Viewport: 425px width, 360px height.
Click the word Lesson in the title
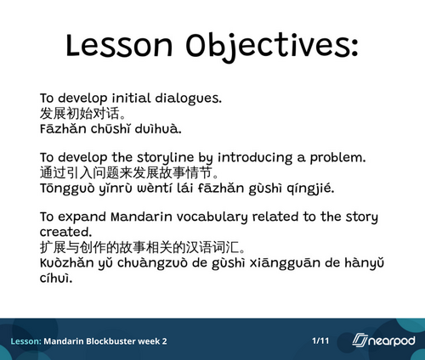[x=119, y=45]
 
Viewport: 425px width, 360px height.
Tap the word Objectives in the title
[x=272, y=47]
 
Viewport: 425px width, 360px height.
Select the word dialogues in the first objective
[x=188, y=98]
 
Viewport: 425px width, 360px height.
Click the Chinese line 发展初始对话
[x=82, y=114]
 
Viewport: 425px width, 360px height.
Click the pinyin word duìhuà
[x=158, y=129]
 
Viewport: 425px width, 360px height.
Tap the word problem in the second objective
[x=337, y=158]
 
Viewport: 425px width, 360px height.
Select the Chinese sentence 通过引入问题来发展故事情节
[x=129, y=172]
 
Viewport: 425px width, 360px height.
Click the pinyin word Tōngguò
[x=67, y=188]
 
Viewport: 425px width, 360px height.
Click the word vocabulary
[x=212, y=217]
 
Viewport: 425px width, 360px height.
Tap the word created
[x=65, y=232]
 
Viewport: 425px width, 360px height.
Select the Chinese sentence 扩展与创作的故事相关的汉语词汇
[x=142, y=247]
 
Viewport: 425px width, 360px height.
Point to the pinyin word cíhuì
[x=56, y=278]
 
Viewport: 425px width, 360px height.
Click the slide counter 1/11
[x=320, y=340]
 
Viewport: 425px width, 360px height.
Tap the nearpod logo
[x=383, y=340]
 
